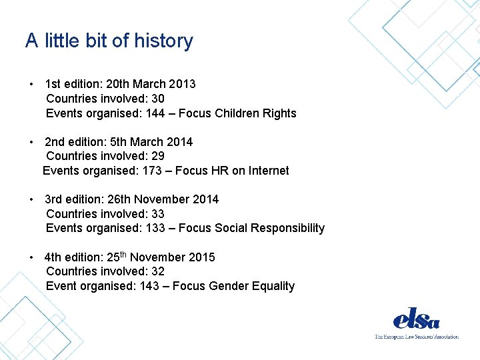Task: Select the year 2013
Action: coord(182,84)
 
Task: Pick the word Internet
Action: coord(269,171)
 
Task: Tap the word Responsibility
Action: coord(289,228)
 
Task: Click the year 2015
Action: coord(201,257)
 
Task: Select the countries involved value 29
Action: coord(158,156)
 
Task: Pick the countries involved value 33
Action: coord(158,214)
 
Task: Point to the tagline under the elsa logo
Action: coord(416,337)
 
